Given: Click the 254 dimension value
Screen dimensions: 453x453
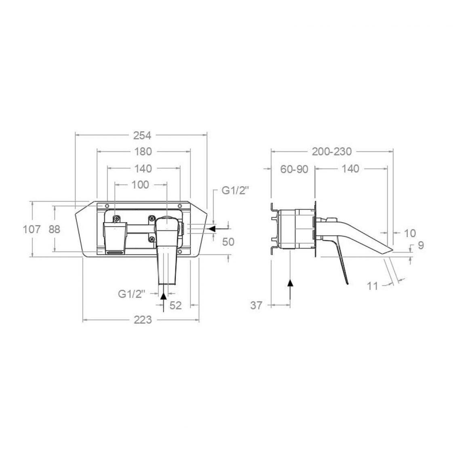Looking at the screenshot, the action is pos(142,135).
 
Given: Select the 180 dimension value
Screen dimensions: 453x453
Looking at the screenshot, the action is pos(143,152).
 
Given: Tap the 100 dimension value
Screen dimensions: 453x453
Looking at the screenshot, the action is pos(140,185).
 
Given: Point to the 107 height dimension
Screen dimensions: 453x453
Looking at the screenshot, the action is pos(32,230).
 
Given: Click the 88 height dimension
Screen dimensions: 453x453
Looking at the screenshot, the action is pos(54,230).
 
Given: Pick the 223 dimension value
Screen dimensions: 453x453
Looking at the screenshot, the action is pos(143,320).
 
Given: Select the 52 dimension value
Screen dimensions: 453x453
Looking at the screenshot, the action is pos(175,305).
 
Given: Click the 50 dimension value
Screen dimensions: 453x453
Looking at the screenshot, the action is pos(228,242).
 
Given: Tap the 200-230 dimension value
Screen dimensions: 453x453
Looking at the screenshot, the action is pos(332,152).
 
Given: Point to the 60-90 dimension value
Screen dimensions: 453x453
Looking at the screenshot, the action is pos(294,169).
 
